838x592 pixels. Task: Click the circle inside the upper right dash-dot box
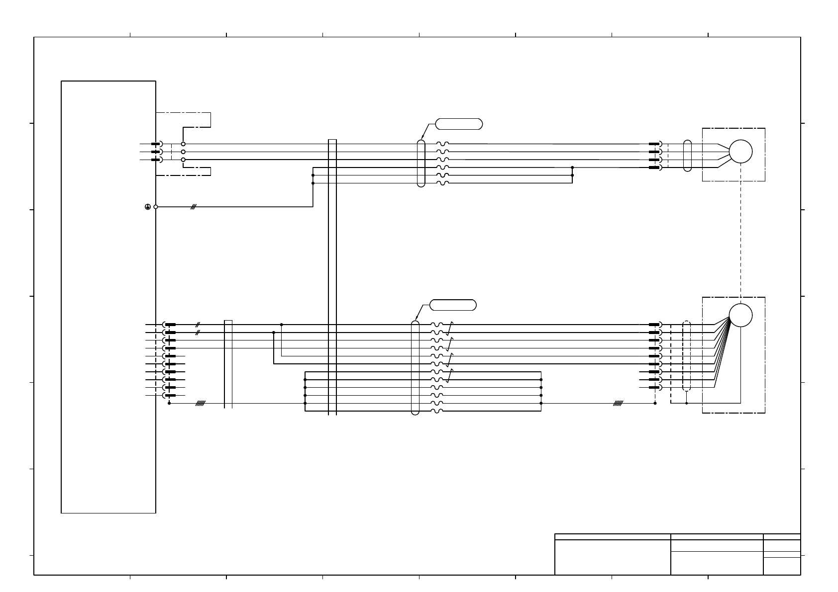(740, 152)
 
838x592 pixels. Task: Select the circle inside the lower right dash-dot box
(740, 315)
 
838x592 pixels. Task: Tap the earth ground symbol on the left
(148, 207)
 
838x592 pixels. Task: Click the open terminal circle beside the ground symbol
(156, 207)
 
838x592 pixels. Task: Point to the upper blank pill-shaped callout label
(459, 124)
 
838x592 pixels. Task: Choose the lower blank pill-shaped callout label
(452, 305)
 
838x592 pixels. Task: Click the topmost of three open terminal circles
(183, 144)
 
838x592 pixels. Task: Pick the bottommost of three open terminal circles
(183, 160)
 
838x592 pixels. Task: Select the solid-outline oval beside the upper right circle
(688, 156)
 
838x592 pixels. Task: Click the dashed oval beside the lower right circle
(687, 356)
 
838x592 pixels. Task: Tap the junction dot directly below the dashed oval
(687, 403)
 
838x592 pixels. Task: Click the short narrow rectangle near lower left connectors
(228, 364)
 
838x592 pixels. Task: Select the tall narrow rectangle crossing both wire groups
(332, 276)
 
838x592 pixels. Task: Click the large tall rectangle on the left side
(108, 296)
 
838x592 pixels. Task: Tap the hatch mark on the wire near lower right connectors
(618, 403)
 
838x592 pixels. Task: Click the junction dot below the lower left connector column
(170, 403)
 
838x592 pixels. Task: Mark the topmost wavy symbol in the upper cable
(442, 144)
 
